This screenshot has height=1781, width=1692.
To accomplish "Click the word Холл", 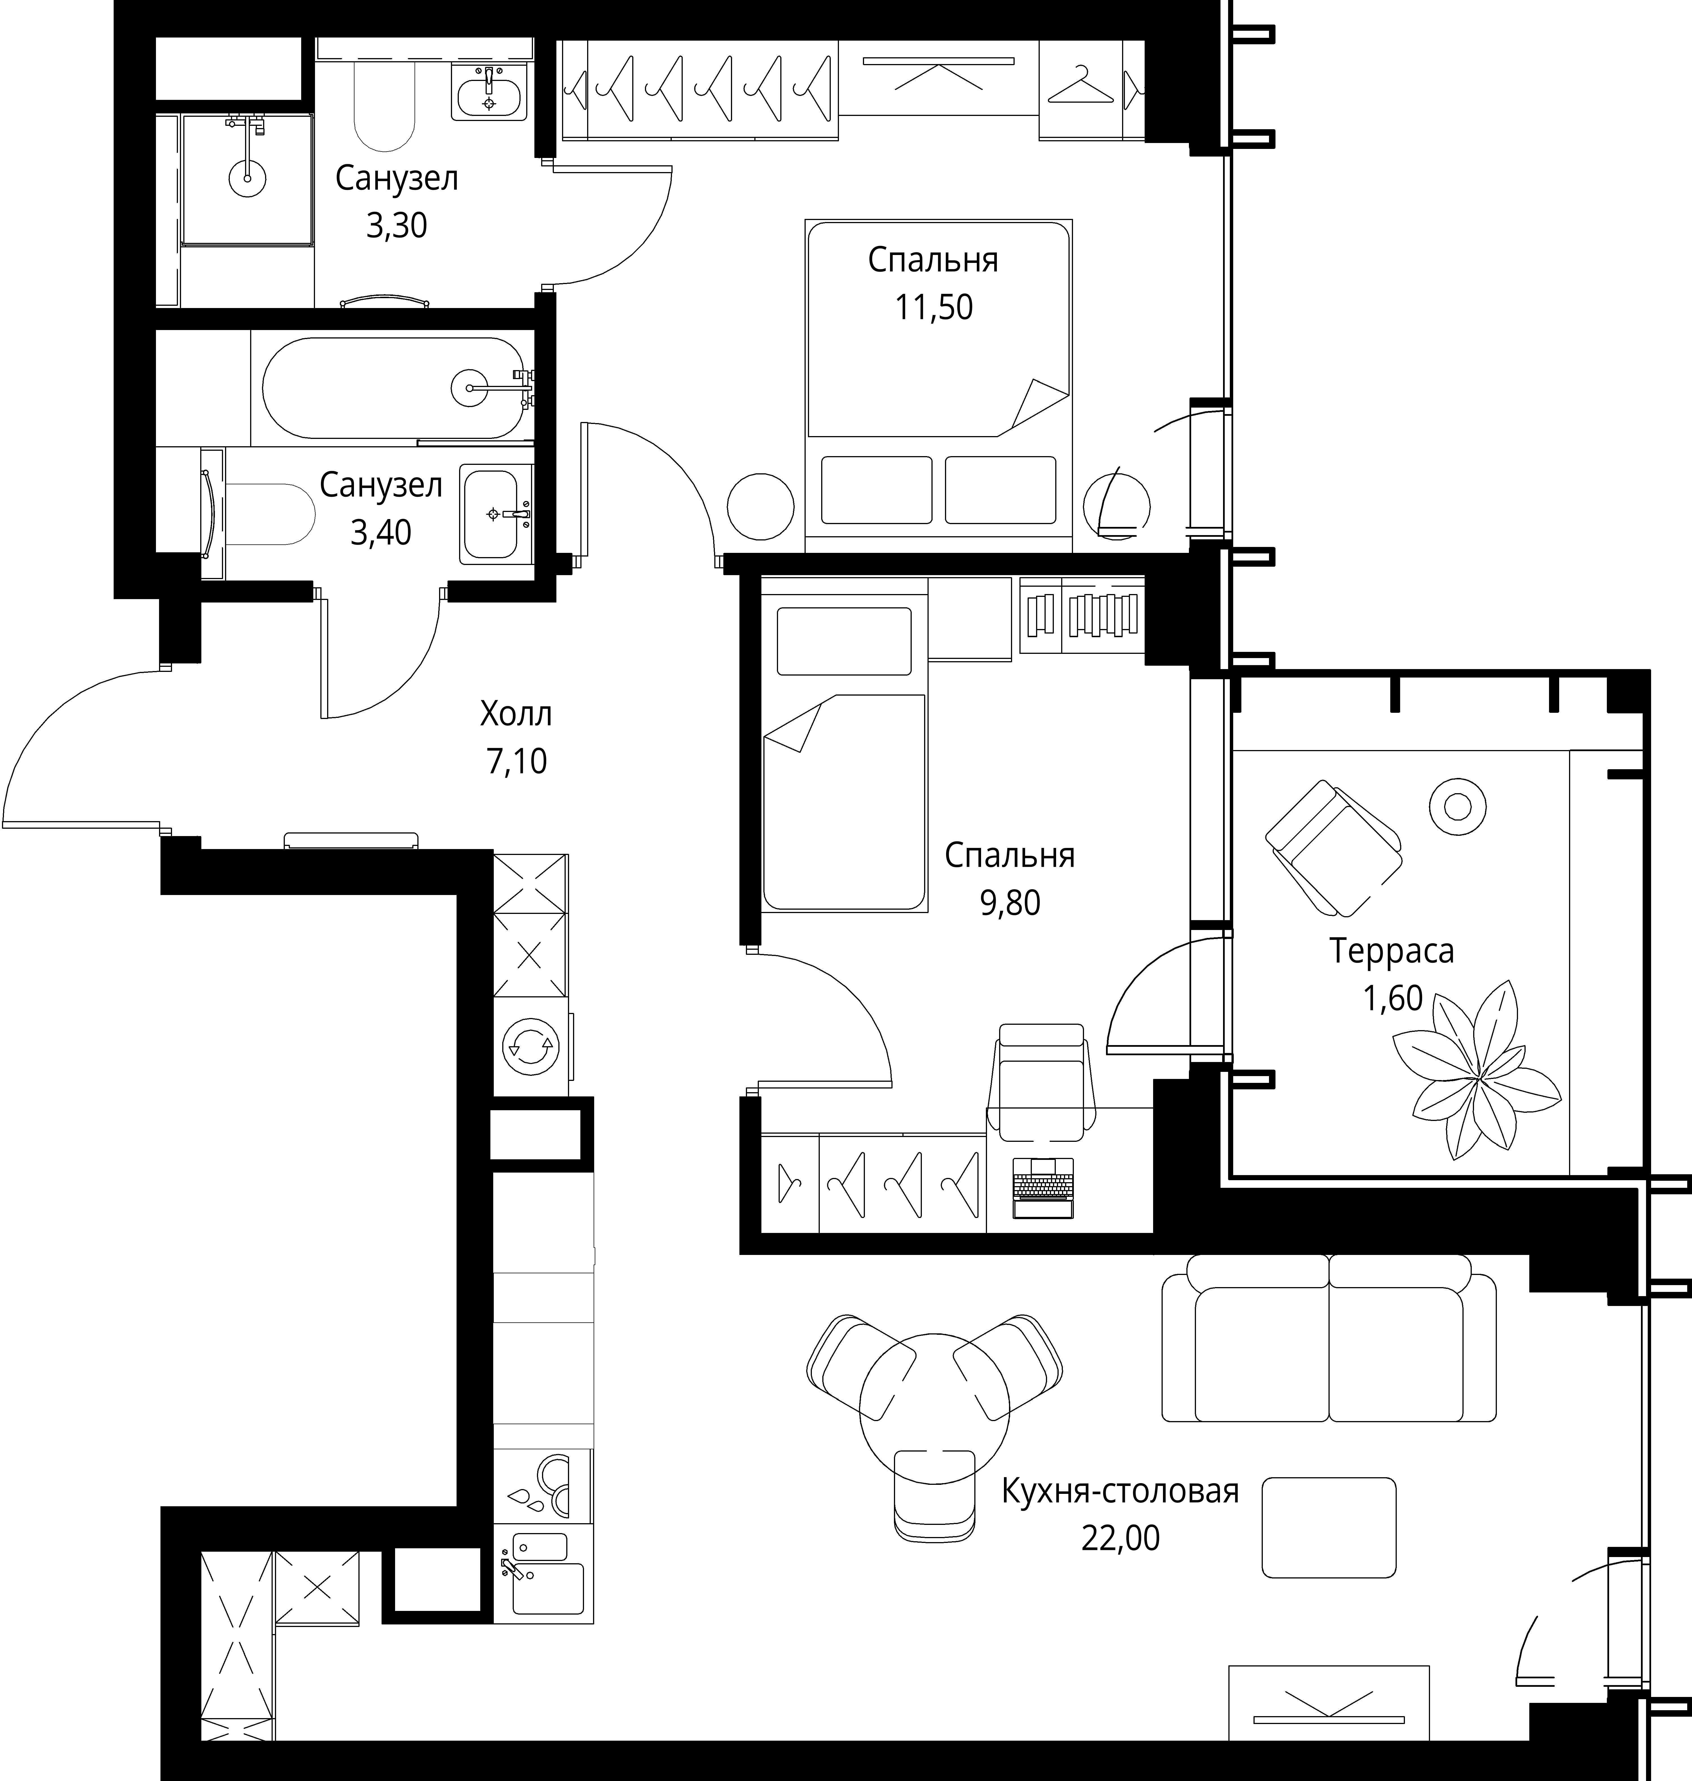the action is click(516, 714).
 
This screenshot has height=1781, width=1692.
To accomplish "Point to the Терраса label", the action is click(1392, 951).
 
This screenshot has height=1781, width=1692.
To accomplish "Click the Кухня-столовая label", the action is click(1120, 1491).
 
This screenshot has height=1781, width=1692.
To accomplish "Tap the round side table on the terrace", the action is click(1457, 806).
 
